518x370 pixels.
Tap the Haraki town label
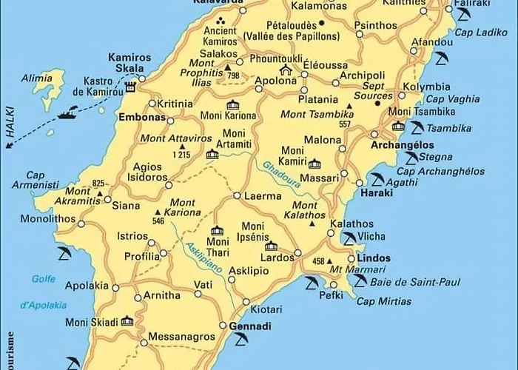[374, 193]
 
